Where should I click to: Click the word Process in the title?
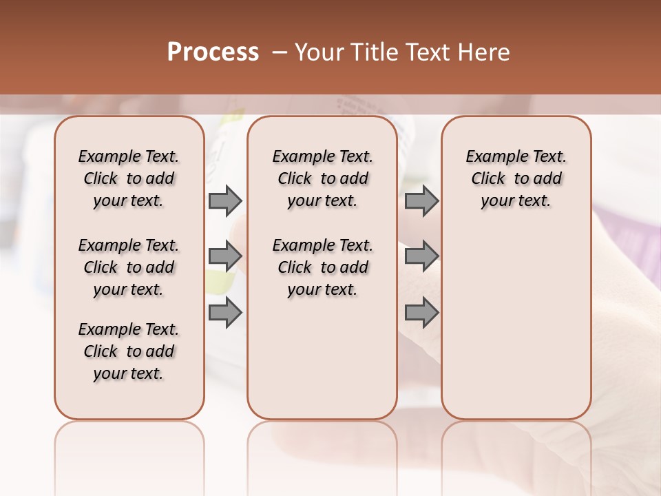213,52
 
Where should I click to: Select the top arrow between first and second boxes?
225,201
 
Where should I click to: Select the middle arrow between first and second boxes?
225,256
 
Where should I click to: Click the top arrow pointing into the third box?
421,201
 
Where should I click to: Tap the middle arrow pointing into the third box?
421,256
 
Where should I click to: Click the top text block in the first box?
129,178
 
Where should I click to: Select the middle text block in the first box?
129,267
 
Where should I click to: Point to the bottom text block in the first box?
129,351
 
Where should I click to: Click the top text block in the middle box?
322,178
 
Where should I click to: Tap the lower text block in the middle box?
322,267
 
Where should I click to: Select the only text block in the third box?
516,178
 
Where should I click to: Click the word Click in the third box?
488,179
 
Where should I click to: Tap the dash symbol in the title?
278,52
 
